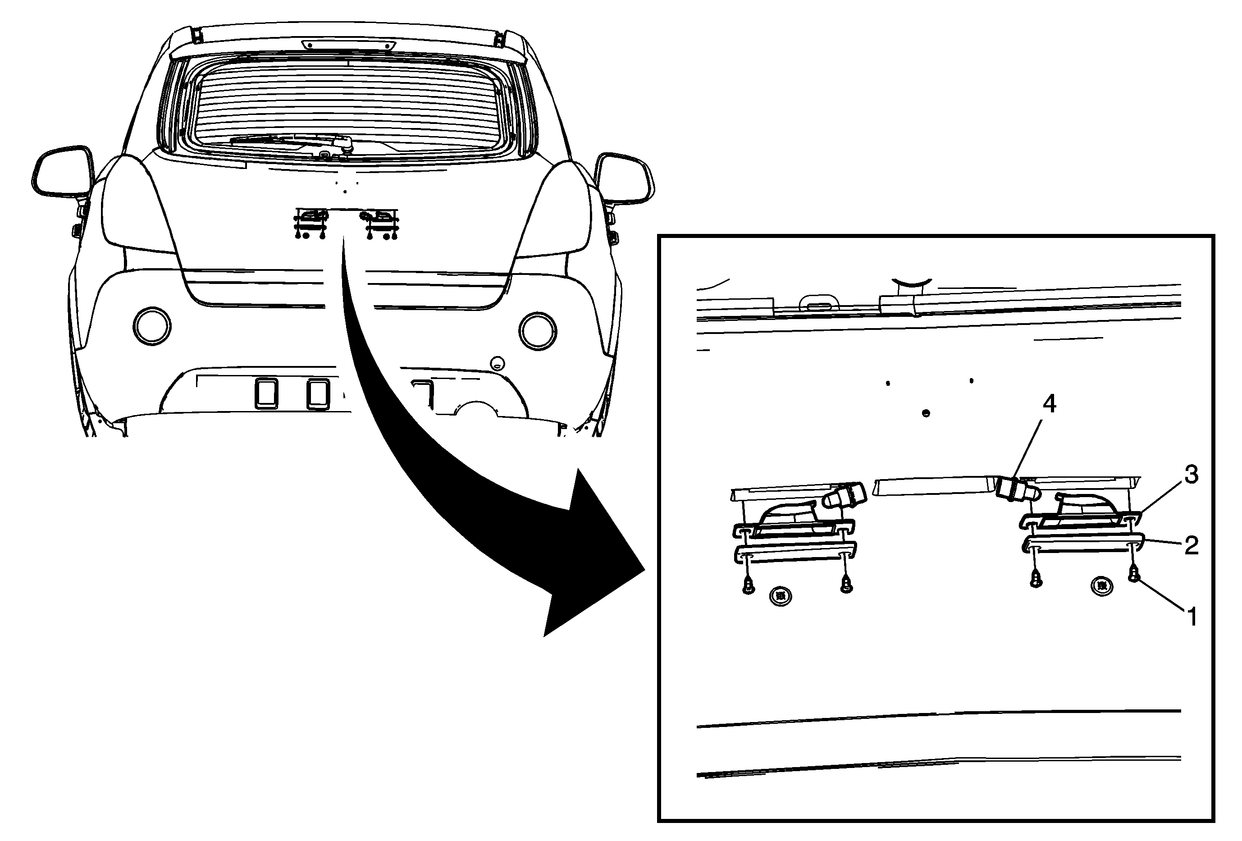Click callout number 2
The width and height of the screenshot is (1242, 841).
pos(1191,545)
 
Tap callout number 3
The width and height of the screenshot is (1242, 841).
pos(1191,475)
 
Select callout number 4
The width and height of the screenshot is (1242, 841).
pos(1050,404)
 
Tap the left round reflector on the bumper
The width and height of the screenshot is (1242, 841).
pos(152,326)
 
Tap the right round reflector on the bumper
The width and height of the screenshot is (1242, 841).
pos(538,331)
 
